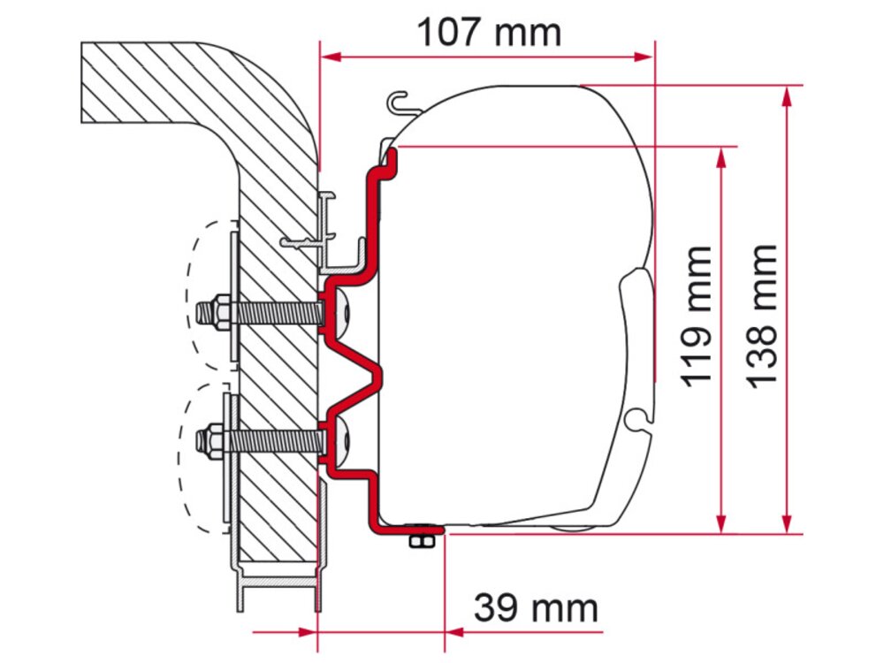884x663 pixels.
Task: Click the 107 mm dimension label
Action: (488, 33)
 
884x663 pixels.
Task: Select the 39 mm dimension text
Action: (536, 608)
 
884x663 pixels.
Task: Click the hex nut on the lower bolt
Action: (214, 439)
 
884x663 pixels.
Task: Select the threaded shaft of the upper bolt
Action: (274, 312)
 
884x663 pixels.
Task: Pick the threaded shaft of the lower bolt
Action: (274, 439)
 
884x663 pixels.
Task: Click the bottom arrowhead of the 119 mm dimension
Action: (722, 525)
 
